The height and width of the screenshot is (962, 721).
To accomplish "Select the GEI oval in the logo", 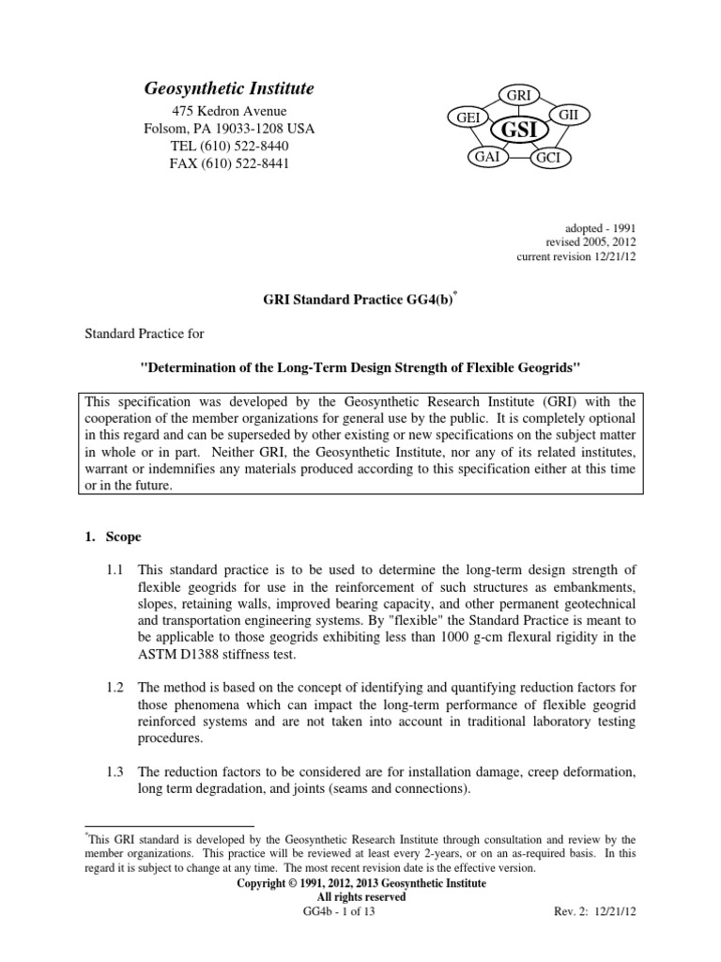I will point(468,117).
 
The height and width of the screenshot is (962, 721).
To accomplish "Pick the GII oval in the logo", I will point(569,114).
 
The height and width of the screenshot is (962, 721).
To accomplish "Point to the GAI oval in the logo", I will point(486,157).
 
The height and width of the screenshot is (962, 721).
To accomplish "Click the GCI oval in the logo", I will point(547,158).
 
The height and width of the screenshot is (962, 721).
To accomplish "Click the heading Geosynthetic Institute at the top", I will point(228,88).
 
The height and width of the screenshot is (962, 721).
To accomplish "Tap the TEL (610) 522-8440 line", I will point(228,147).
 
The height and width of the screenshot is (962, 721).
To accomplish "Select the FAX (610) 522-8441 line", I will point(228,164).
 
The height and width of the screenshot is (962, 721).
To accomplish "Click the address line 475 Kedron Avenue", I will point(228,111).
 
